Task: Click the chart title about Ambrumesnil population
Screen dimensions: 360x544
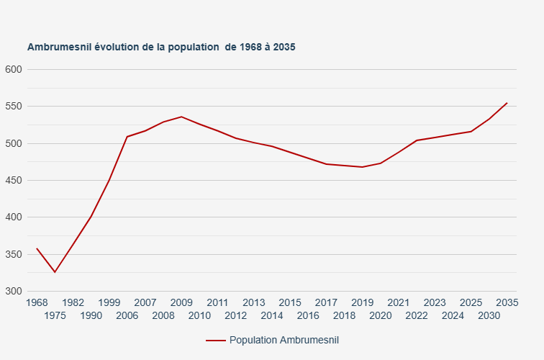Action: (x=161, y=47)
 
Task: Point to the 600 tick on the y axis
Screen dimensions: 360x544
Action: (x=14, y=70)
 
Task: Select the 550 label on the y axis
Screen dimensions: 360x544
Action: (x=14, y=107)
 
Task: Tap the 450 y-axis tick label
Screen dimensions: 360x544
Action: (x=14, y=181)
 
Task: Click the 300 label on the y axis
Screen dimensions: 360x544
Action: (x=14, y=292)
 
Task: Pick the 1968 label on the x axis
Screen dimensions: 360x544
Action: (x=37, y=302)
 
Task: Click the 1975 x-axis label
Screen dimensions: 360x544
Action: (x=55, y=315)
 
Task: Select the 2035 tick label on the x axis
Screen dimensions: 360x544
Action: (x=507, y=302)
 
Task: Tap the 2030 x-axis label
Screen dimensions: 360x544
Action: (x=489, y=315)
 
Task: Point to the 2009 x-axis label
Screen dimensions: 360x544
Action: (x=181, y=302)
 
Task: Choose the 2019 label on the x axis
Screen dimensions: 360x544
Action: (x=363, y=302)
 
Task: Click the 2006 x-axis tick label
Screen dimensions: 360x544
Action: (x=127, y=315)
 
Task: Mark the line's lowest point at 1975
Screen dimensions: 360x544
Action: (x=55, y=272)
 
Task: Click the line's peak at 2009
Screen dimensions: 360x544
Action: (x=181, y=117)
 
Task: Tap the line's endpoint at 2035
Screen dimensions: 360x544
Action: (x=507, y=103)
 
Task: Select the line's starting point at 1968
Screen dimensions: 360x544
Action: (x=37, y=248)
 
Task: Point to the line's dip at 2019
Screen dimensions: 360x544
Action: (x=363, y=167)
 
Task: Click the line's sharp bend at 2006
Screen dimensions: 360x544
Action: (x=127, y=137)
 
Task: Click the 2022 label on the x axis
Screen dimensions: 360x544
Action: (x=417, y=315)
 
